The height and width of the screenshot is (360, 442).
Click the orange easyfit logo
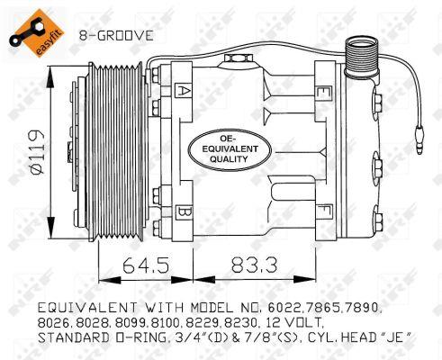pyautogui.click(x=37, y=33)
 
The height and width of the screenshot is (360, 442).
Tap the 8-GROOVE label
pyautogui.click(x=116, y=36)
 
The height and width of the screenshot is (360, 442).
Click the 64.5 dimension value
pyautogui.click(x=146, y=265)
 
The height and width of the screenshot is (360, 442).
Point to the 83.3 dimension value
pyautogui.click(x=254, y=265)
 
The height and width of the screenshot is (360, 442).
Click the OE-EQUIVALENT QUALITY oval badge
pyautogui.click(x=230, y=149)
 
